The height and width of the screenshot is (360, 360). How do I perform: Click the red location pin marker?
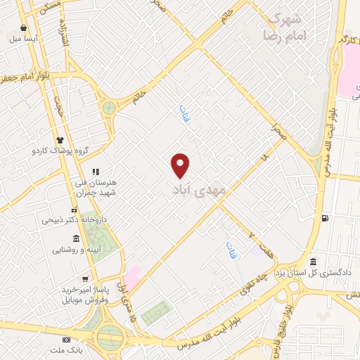(x=181, y=165)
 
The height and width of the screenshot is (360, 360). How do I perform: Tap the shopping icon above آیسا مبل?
(x=24, y=28)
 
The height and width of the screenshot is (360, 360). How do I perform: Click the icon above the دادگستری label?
(x=312, y=262)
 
